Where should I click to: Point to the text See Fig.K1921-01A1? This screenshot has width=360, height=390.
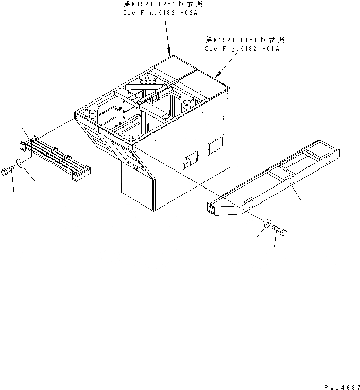click(245, 48)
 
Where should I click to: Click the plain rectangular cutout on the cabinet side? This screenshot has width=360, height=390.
click(216, 145)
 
